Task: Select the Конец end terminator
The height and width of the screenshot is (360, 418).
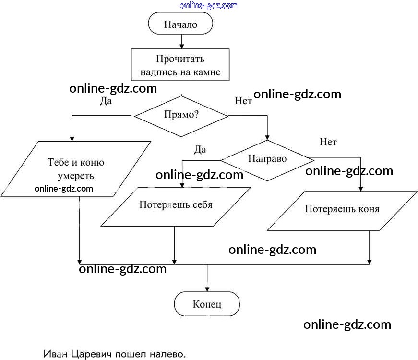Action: (207, 304)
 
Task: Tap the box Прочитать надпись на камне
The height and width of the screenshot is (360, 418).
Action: (180, 66)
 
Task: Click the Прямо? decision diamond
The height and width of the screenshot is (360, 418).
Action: (181, 115)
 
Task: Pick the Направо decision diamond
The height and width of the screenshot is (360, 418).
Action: (267, 159)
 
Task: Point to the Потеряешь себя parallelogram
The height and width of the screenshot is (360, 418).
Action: (176, 205)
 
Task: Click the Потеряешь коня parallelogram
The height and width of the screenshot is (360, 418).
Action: (342, 209)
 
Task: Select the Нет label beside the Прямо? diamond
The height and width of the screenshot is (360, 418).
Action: (243, 101)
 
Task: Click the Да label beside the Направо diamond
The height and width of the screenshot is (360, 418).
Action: (200, 150)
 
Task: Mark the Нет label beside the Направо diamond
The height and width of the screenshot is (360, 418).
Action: (328, 142)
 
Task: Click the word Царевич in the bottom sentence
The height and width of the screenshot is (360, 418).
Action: (92, 355)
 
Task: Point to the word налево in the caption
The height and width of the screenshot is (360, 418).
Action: (165, 355)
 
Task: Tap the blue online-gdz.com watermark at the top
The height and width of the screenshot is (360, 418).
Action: (209, 5)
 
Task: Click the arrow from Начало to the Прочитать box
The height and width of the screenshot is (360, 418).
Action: (181, 41)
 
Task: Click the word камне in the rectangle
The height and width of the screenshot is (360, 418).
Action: (207, 72)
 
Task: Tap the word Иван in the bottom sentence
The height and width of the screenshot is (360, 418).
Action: (56, 355)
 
